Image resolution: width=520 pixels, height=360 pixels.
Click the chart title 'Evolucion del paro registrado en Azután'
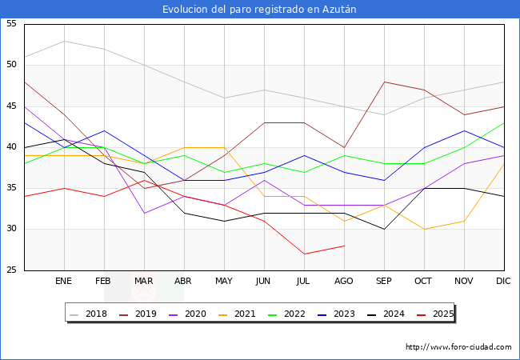[259, 10]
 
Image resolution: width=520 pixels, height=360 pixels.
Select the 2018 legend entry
[89, 314]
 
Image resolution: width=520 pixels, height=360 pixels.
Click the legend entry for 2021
[237, 314]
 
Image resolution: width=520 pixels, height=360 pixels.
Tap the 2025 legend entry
[435, 314]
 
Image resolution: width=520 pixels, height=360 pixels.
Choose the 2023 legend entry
[336, 314]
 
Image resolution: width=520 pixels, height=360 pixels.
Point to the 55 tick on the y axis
[11, 23]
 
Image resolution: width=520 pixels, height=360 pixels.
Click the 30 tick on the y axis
[11, 229]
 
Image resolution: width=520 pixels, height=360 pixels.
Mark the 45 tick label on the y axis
[11, 106]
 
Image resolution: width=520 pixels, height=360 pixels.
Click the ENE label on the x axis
[63, 281]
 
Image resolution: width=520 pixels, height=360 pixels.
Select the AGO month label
[343, 281]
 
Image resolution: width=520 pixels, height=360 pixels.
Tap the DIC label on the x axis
[503, 281]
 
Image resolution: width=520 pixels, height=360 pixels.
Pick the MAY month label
[224, 281]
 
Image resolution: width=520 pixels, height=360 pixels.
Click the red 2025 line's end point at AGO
[345, 246]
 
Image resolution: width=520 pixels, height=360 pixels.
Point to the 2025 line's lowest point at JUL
[305, 254]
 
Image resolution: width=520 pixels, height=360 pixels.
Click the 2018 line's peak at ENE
[64, 41]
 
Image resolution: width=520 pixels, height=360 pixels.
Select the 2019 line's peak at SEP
[384, 82]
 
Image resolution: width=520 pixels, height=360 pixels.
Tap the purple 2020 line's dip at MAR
[144, 213]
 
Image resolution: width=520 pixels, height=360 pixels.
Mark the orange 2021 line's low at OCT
[425, 229]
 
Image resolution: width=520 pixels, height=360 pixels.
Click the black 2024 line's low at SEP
[384, 229]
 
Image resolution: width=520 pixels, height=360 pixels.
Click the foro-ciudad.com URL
[458, 347]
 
